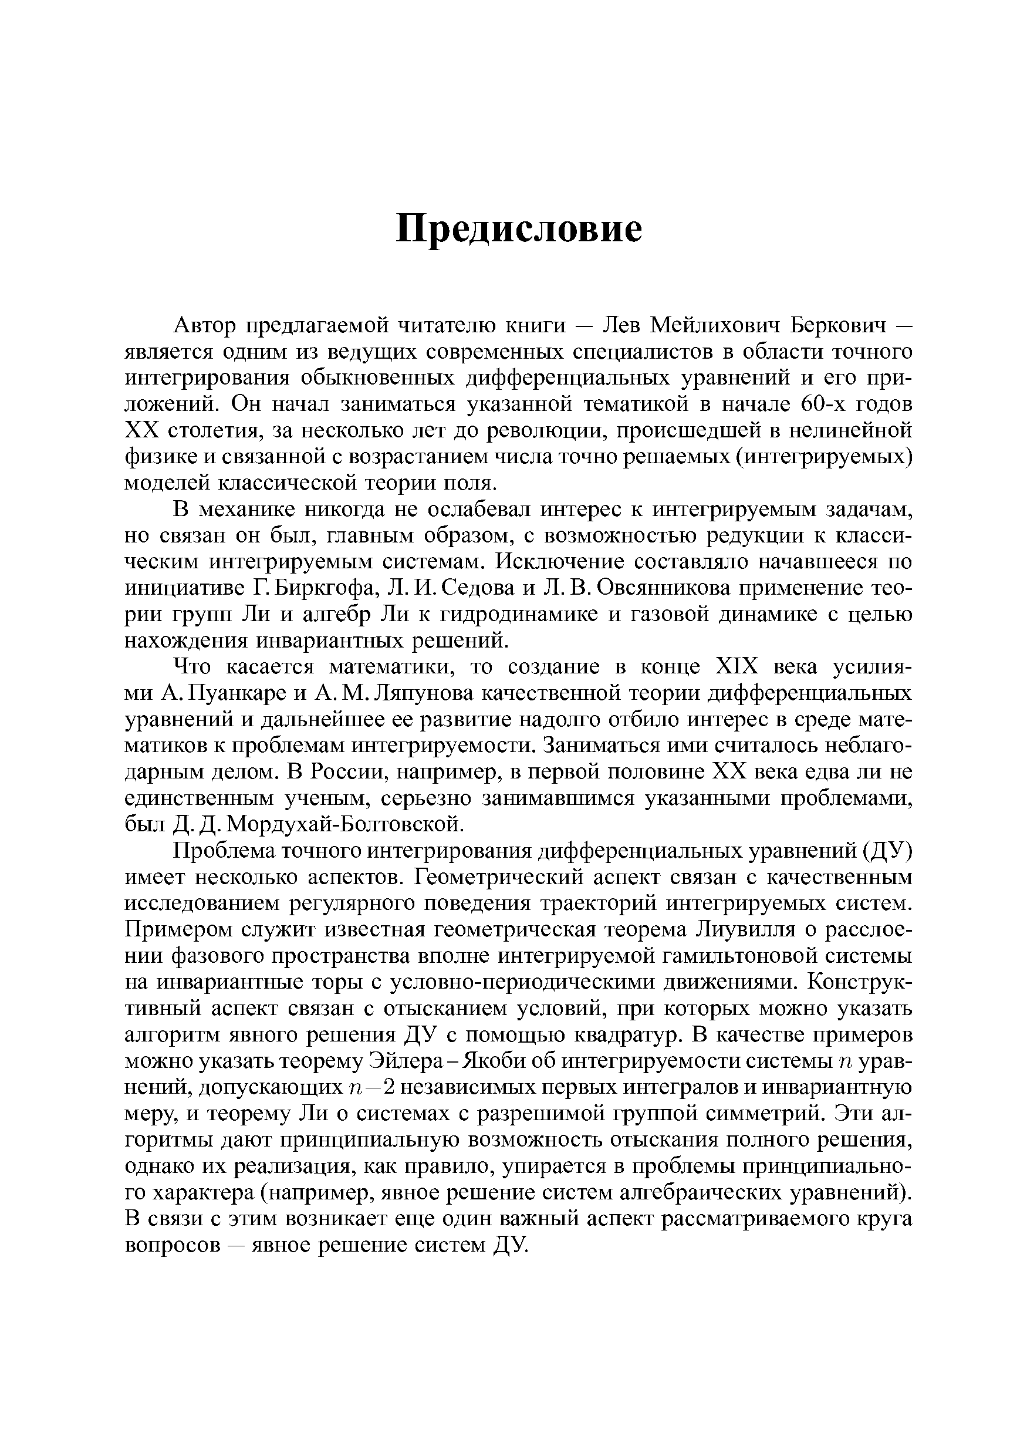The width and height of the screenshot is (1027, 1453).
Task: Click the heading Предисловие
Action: [518, 228]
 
